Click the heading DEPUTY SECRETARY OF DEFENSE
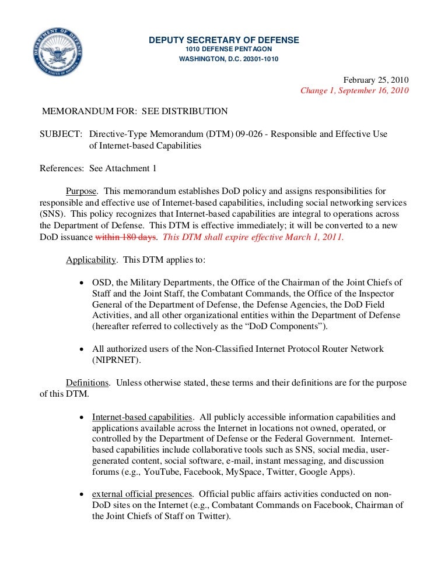click(224, 40)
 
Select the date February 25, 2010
click(376, 80)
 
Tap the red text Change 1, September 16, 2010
click(355, 91)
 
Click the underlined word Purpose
click(81, 191)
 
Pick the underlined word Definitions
click(87, 383)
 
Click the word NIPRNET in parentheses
click(112, 360)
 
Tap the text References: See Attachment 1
click(98, 169)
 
